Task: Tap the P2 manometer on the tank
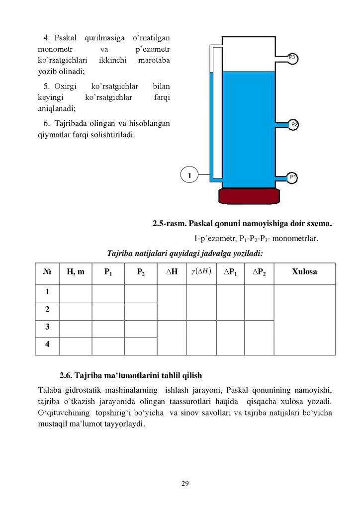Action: coord(294,124)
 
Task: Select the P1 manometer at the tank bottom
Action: coord(293,177)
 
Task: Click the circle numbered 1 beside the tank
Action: coord(189,174)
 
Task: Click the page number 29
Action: coord(185,484)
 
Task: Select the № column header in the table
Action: coord(48,272)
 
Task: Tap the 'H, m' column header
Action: coord(76,272)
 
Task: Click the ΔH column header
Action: coord(172,272)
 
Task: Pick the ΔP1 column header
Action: coord(230,272)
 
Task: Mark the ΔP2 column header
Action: coord(259,272)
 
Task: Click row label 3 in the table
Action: coord(47,327)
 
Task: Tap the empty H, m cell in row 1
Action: coord(76,292)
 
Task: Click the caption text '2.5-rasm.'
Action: coord(168,224)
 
